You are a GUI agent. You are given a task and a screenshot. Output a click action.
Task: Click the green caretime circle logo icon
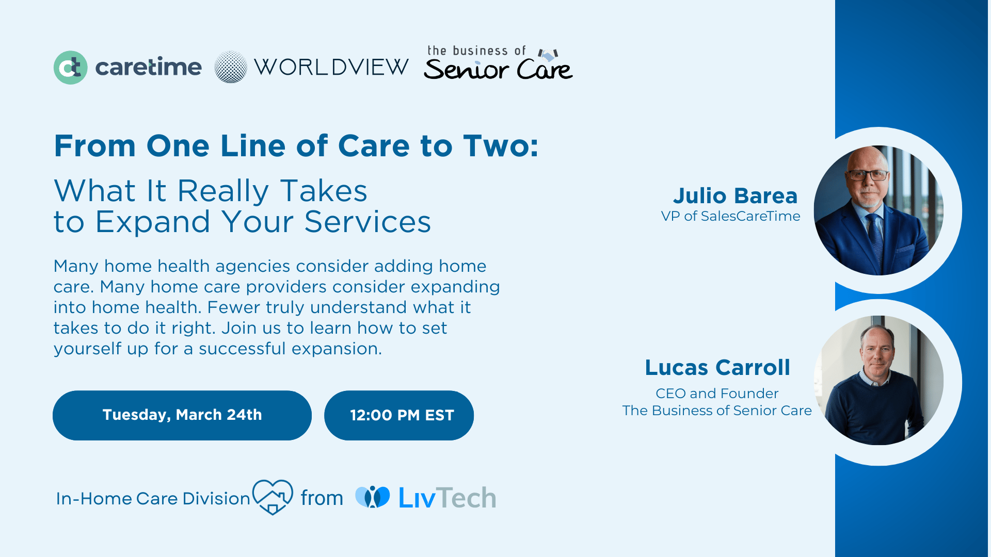(71, 68)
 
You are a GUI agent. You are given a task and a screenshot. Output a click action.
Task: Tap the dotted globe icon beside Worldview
(231, 67)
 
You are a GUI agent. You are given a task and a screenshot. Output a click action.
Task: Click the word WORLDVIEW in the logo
(331, 67)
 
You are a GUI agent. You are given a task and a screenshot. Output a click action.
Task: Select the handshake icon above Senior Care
(548, 54)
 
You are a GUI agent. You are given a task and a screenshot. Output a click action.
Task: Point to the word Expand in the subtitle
(153, 222)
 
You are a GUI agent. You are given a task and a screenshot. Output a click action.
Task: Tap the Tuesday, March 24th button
(182, 415)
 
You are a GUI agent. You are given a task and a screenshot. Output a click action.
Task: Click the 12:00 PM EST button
(399, 415)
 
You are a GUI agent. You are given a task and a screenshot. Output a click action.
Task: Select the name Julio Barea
(735, 196)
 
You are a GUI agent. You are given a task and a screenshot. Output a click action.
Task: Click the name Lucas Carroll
(717, 368)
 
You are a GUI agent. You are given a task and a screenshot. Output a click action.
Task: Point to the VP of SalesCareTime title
(730, 216)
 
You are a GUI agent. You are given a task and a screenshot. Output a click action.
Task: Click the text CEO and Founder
(717, 394)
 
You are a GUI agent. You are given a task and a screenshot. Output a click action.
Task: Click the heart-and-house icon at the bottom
(273, 496)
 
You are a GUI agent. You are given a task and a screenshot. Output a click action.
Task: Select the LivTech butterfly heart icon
(373, 497)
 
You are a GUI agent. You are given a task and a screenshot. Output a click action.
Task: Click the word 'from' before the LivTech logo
(322, 498)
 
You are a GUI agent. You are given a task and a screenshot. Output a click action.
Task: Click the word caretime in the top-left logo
(148, 68)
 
